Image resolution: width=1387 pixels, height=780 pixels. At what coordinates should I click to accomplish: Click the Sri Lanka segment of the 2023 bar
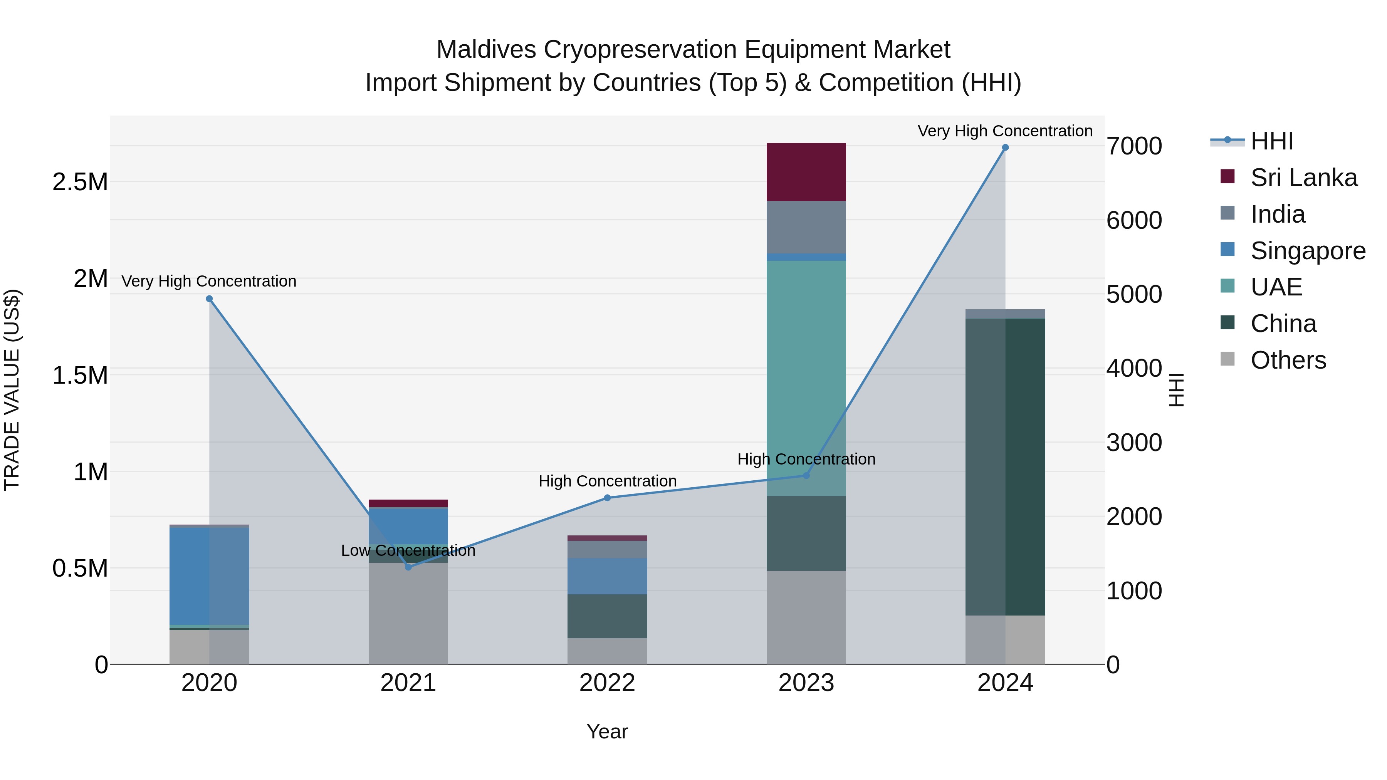click(806, 172)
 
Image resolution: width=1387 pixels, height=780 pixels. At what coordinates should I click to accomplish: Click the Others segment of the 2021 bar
click(408, 614)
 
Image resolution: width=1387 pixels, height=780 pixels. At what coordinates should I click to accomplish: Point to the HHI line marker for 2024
click(1005, 148)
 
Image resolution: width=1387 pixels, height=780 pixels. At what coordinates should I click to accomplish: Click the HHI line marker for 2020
click(210, 299)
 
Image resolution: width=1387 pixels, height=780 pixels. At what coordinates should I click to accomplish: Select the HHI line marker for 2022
click(607, 498)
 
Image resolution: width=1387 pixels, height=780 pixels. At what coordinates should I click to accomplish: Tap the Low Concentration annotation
click(408, 551)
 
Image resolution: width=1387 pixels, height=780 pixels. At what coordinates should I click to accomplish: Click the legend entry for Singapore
click(1307, 251)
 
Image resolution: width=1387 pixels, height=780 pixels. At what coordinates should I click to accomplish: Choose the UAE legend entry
click(1276, 287)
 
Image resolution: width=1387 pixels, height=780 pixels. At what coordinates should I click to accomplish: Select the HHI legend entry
click(1272, 141)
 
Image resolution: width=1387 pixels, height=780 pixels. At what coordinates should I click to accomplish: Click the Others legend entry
click(1288, 360)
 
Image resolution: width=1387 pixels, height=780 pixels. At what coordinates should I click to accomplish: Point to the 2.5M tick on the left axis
click(80, 182)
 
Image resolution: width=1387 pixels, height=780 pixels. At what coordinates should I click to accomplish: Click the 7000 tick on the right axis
click(1134, 146)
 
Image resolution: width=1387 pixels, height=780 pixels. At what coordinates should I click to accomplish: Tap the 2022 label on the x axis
click(607, 683)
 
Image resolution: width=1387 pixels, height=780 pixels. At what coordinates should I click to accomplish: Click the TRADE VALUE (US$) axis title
click(12, 390)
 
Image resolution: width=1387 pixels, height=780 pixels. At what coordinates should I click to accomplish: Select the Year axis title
click(607, 731)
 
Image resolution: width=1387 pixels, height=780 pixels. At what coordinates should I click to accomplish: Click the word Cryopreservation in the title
click(641, 50)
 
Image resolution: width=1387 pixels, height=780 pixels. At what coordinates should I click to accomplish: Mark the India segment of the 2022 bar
click(607, 550)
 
